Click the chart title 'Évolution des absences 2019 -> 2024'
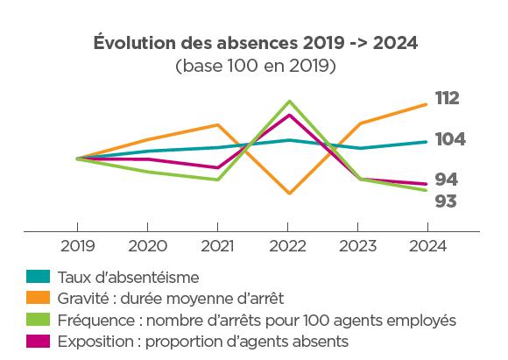[254, 44]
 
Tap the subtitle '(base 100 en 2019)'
[254, 66]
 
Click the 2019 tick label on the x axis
[78, 246]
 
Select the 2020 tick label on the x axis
[148, 246]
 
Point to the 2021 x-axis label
[218, 246]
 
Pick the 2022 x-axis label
[288, 246]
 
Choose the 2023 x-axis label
[357, 246]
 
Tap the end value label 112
[447, 98]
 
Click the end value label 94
[447, 180]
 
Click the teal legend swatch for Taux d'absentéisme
[38, 278]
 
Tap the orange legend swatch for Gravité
[38, 299]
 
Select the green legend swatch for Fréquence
[38, 321]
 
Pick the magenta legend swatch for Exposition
[38, 342]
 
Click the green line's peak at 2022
[288, 102]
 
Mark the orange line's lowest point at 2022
[288, 194]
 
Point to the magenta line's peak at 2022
[288, 115]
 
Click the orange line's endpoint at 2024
[427, 104]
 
